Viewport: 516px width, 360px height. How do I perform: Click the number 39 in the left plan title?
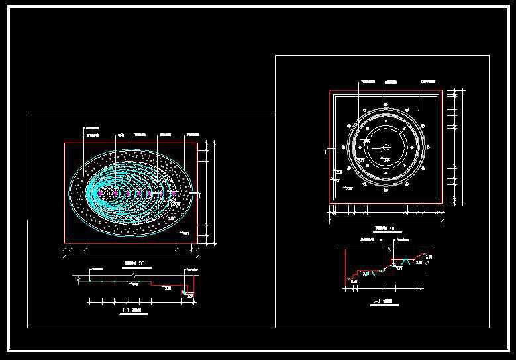[140, 263]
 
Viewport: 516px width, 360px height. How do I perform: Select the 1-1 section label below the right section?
[382, 302]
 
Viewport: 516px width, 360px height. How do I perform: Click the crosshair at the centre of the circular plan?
[386, 148]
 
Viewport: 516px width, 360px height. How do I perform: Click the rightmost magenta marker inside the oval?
[173, 194]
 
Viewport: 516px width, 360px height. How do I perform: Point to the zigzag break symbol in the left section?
[135, 274]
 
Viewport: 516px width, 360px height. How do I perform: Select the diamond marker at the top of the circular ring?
[386, 105]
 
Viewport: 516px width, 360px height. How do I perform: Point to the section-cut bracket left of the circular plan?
[327, 150]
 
